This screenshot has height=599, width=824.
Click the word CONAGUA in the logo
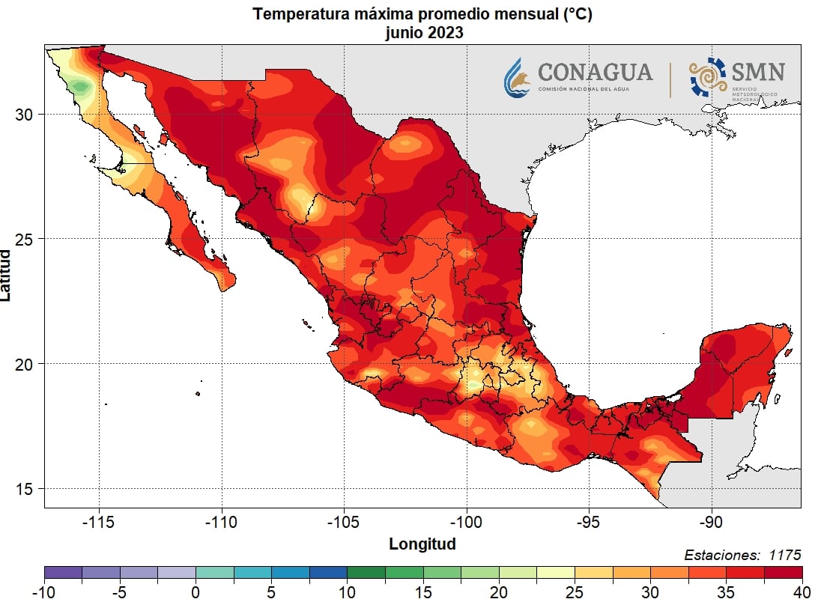point(595,72)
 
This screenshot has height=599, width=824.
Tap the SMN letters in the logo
point(758,72)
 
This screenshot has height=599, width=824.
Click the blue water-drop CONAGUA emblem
point(518,77)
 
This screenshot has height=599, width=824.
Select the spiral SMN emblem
point(707,76)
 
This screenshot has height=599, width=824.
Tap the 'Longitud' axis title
point(422,544)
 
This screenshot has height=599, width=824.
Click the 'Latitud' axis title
point(7,276)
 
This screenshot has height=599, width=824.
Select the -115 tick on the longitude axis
point(100,521)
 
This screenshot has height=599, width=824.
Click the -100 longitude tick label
point(467,521)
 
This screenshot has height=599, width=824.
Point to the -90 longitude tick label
point(711,521)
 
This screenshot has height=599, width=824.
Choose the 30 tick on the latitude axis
point(25,114)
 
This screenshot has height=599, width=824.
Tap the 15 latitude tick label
point(25,488)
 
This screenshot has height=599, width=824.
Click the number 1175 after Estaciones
point(784,555)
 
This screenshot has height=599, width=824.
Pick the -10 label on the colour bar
point(44,592)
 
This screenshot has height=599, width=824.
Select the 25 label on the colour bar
point(575,592)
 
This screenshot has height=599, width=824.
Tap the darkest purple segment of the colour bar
point(63,573)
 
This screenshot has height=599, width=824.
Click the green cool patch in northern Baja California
point(81,88)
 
